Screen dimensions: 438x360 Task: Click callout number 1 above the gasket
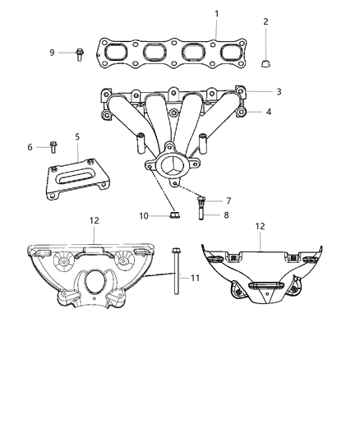[x=216, y=13]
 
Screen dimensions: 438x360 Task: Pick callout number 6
[x=30, y=147]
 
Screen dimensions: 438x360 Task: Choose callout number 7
[x=228, y=201]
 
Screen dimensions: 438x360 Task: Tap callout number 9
[x=52, y=53]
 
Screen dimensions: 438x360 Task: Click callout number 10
[x=144, y=216]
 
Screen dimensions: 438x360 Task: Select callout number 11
[x=195, y=279]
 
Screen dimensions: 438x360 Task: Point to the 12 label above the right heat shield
[x=260, y=225]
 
